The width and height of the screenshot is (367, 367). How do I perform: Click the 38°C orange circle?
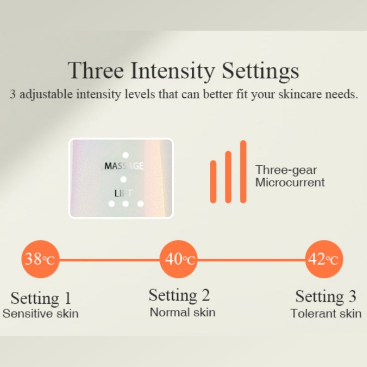coord(40,259)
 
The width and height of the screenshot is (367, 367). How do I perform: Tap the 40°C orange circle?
coord(178,259)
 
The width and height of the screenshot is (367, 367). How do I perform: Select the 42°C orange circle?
coord(324,259)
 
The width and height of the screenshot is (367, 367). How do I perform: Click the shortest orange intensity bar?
coord(213,182)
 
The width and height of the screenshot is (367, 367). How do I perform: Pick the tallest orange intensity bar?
coord(243,172)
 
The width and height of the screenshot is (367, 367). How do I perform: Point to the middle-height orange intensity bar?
coord(228,177)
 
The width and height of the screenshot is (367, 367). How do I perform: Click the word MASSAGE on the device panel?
coord(124,166)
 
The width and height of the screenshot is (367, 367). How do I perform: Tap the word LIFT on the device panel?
coord(123,194)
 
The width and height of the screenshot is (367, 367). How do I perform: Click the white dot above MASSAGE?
coord(126,155)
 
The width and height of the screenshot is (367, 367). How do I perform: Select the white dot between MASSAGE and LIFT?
coord(123,180)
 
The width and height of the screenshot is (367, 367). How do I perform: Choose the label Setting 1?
coord(41,298)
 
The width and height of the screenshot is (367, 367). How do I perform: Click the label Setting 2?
coord(179,295)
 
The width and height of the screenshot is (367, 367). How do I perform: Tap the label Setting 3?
coord(326,297)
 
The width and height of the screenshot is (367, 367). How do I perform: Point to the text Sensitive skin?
coord(40,313)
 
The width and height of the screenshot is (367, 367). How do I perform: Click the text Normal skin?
coord(183,312)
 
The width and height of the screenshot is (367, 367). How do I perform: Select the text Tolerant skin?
coord(326,313)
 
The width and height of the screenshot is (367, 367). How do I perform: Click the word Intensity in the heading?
coord(173,71)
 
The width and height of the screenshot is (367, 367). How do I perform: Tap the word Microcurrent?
coord(290,183)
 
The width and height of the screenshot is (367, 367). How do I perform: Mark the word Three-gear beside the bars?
coord(286,170)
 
